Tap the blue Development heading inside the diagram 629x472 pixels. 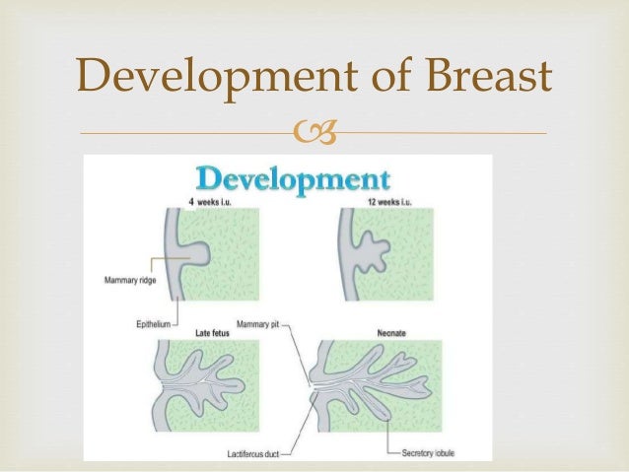tap(293, 180)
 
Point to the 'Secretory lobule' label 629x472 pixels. tap(431, 451)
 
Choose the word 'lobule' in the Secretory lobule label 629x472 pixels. tap(449, 451)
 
